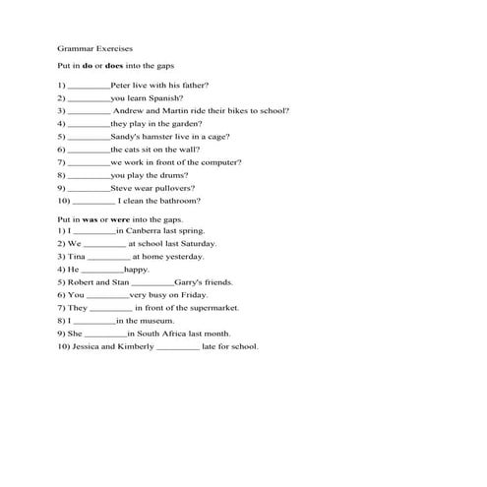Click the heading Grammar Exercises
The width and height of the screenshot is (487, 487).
pyautogui.click(x=96, y=46)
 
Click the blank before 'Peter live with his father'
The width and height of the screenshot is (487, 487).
pyautogui.click(x=90, y=87)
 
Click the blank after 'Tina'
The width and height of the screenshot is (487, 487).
pyautogui.click(x=108, y=257)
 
